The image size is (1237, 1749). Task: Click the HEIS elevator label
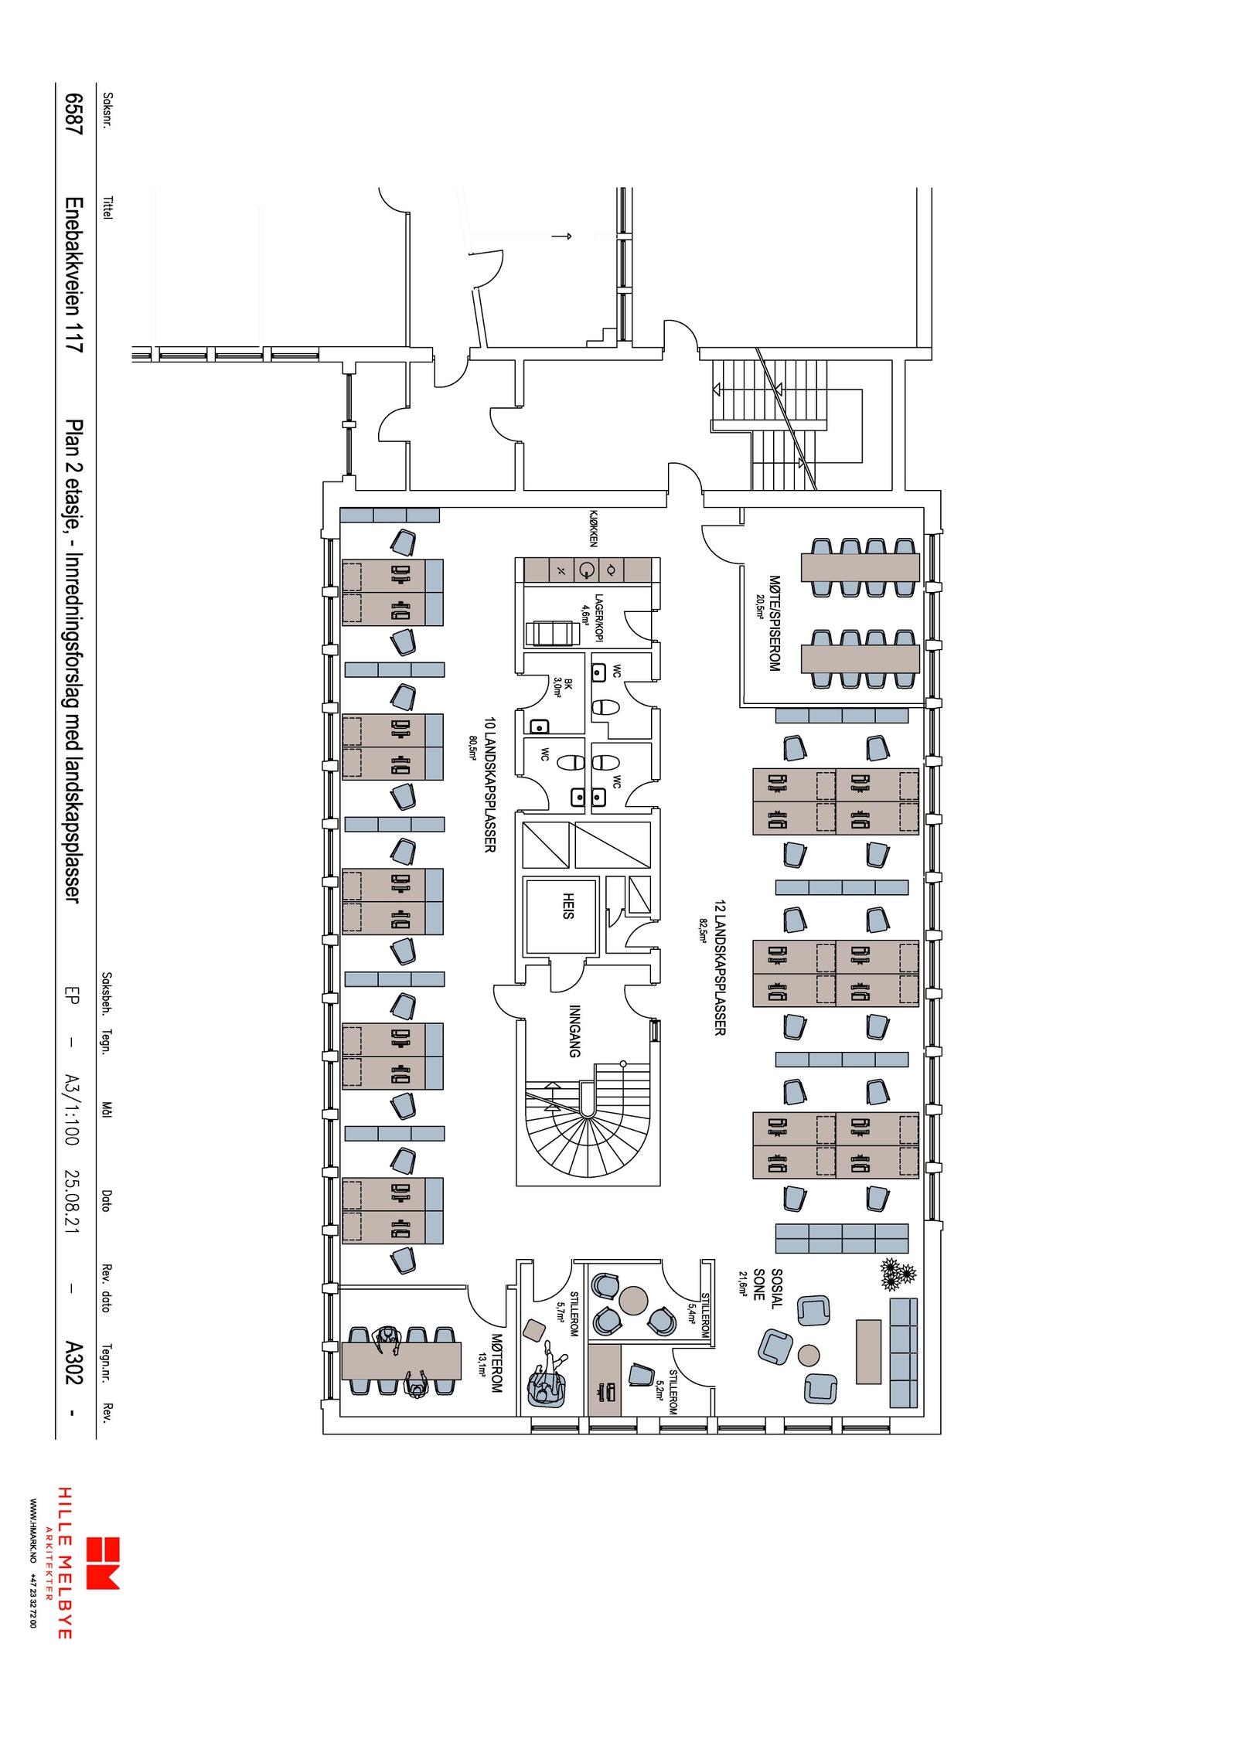(x=568, y=906)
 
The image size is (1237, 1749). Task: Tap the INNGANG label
(x=574, y=1031)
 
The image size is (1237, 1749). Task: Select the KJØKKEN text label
(x=594, y=528)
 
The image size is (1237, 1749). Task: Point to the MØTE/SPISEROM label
(x=775, y=623)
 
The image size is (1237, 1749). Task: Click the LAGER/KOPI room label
(x=598, y=618)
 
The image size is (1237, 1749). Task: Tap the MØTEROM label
(x=496, y=1363)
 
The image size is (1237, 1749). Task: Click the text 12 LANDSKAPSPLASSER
(x=720, y=968)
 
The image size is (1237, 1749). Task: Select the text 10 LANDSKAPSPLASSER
(x=489, y=785)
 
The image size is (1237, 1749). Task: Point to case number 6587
(x=73, y=114)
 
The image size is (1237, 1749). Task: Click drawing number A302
(x=73, y=1363)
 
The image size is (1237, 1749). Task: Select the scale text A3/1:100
(x=72, y=1110)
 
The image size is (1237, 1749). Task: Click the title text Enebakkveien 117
(x=73, y=276)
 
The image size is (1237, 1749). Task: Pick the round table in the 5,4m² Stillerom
(x=633, y=1301)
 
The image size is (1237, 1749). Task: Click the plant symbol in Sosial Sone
(x=898, y=1274)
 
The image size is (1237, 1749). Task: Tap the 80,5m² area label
(x=472, y=748)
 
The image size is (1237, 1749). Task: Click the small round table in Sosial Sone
(x=809, y=1356)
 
